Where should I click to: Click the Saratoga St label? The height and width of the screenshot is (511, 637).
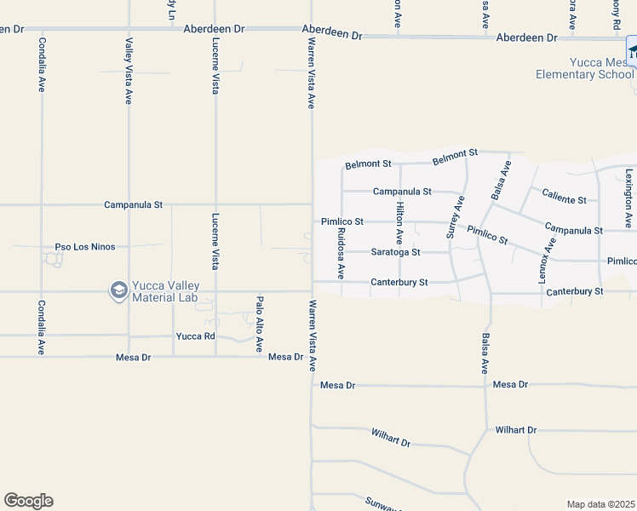pyautogui.click(x=396, y=252)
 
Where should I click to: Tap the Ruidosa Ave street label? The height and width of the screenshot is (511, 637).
pyautogui.click(x=340, y=252)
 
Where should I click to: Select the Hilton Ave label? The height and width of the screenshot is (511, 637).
pyautogui.click(x=399, y=224)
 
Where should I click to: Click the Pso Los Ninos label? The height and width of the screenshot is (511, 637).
pyautogui.click(x=84, y=247)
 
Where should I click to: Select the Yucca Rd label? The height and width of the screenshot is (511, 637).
pyautogui.click(x=195, y=336)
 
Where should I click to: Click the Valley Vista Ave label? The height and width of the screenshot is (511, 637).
pyautogui.click(x=129, y=72)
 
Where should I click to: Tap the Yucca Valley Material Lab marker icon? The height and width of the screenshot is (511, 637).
pyautogui.click(x=118, y=291)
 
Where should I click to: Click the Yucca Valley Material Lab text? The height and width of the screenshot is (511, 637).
pyautogui.click(x=165, y=291)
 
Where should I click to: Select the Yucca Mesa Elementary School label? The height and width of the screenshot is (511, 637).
pyautogui.click(x=584, y=68)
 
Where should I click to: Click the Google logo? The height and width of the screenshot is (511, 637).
pyautogui.click(x=28, y=501)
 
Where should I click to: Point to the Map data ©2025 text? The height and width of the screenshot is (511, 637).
pyautogui.click(x=600, y=504)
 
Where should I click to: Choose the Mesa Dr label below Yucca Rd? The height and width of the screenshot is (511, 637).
pyautogui.click(x=133, y=358)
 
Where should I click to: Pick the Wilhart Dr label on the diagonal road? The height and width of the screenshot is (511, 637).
pyautogui.click(x=391, y=439)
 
